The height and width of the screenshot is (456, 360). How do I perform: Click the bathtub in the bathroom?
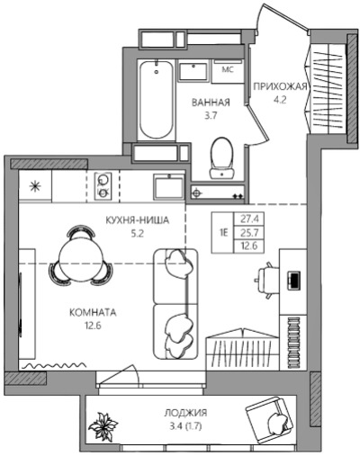[157, 100]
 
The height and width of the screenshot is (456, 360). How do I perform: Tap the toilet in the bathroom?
[222, 157]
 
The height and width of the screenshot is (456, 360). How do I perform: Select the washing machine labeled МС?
[228, 71]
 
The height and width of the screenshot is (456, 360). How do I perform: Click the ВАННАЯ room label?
[211, 103]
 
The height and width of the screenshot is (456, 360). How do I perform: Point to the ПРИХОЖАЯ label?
[280, 86]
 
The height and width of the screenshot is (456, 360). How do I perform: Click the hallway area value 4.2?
[280, 100]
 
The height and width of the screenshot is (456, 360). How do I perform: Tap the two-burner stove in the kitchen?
[103, 186]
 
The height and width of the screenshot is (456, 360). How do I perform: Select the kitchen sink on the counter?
[168, 186]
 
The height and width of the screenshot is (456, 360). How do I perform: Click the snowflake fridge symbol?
[35, 186]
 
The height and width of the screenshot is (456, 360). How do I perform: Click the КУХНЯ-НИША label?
[138, 220]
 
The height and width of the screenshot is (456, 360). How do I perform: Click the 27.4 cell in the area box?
[249, 219]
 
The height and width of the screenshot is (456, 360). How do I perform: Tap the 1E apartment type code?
[223, 233]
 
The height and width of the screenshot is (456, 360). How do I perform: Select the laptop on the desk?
[293, 281]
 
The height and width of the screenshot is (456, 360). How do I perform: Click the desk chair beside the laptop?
[266, 281]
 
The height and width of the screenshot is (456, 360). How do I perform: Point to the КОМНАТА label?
[93, 313]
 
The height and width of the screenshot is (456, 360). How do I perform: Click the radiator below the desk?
[294, 343]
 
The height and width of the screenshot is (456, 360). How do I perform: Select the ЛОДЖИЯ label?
[185, 413]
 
